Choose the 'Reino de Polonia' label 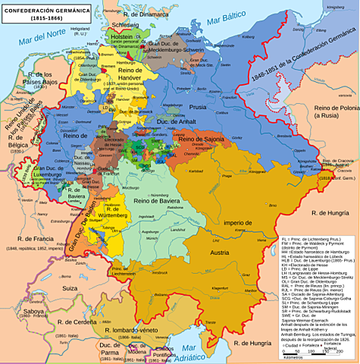tap(333, 113)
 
